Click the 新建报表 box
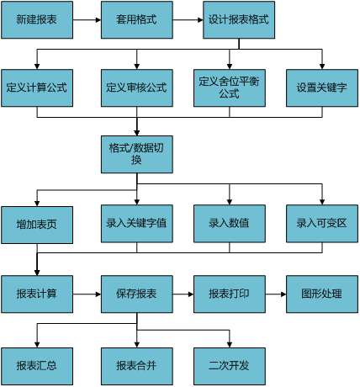[37, 20]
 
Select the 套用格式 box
[137, 20]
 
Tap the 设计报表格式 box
[239, 20]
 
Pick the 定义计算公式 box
[37, 88]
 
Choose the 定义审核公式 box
[137, 88]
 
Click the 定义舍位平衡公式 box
[230, 88]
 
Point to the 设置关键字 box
[322, 88]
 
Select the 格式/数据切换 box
[137, 154]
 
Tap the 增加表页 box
[37, 225]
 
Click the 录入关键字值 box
[137, 224]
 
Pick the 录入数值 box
[230, 224]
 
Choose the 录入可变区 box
[322, 224]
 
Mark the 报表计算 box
[37, 294]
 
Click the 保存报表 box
[137, 294]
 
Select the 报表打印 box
[230, 294]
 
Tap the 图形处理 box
[322, 294]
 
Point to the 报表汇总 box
[37, 366]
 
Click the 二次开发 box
[230, 366]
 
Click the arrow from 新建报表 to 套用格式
[87, 20]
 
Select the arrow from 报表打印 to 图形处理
[276, 294]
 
